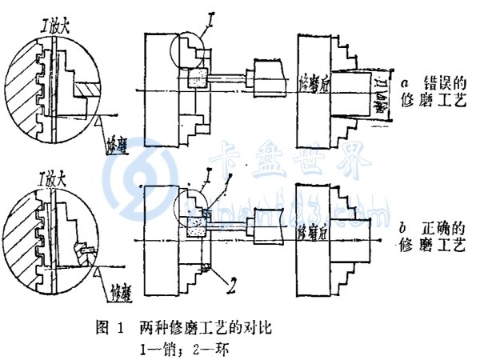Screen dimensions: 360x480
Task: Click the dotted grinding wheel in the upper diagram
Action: pyautogui.click(x=197, y=79)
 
